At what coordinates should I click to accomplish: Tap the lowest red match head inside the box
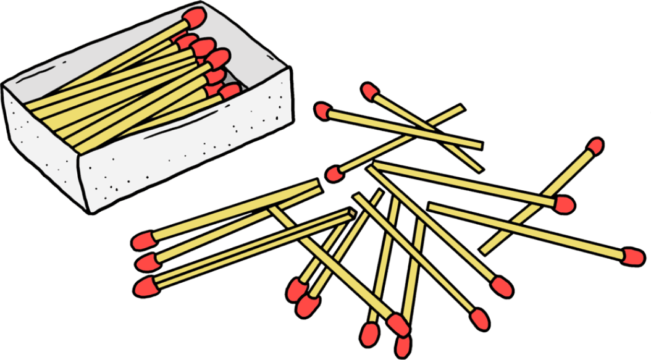(x=230, y=91)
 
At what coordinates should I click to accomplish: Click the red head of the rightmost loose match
(x=632, y=256)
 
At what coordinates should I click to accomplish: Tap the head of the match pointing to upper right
(x=594, y=146)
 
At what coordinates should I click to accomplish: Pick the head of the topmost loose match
(x=369, y=91)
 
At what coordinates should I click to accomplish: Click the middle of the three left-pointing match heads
(x=147, y=262)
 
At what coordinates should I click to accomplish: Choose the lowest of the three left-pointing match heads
(x=146, y=287)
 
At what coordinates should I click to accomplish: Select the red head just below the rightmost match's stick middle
(x=563, y=204)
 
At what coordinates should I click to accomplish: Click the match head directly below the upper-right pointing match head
(x=563, y=204)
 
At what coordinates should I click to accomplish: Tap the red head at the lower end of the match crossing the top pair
(x=334, y=174)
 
